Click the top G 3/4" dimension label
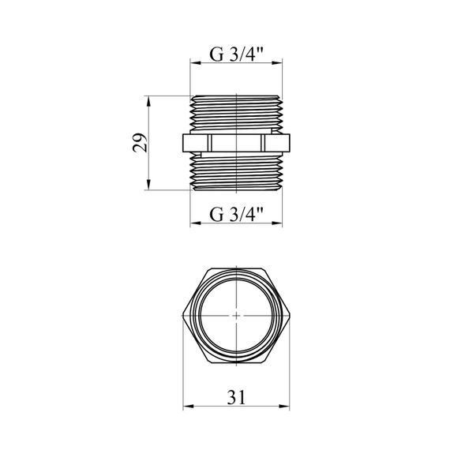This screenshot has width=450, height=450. [x=236, y=54]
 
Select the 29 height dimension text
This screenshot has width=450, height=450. [x=140, y=142]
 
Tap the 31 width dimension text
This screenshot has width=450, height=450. [x=236, y=397]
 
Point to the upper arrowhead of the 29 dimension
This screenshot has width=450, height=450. [x=148, y=101]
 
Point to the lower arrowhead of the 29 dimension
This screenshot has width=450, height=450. [x=148, y=185]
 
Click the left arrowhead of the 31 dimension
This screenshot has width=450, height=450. [x=188, y=406]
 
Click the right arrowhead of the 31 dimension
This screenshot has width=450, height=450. [x=285, y=406]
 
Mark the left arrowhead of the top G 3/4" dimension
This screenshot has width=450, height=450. [x=195, y=63]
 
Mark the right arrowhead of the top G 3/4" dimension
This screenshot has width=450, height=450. [x=277, y=63]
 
